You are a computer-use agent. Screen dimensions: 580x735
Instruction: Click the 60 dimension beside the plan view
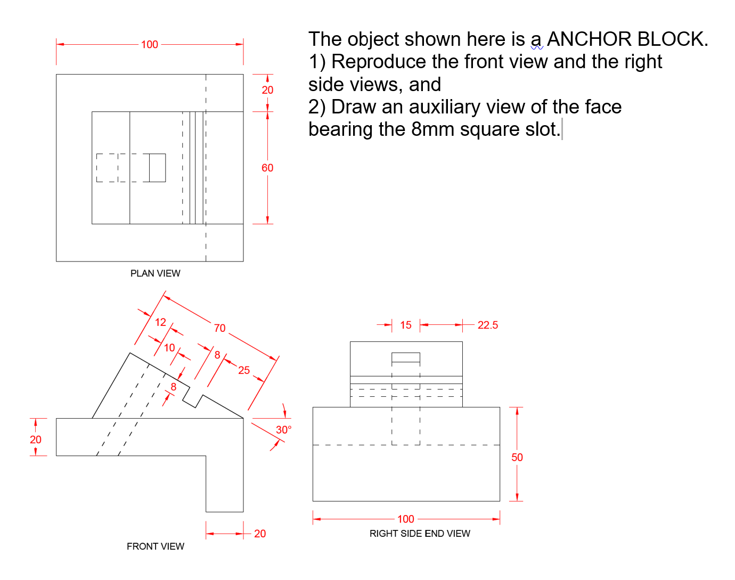(267, 168)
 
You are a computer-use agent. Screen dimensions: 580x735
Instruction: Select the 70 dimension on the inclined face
(220, 328)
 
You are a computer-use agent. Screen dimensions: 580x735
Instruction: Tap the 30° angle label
(283, 430)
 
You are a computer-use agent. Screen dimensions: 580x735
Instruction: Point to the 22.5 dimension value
(487, 325)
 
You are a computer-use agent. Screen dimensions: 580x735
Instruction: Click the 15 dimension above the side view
(406, 325)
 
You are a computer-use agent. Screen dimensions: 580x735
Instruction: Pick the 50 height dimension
(517, 458)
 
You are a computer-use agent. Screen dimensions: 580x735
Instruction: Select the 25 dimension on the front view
(244, 370)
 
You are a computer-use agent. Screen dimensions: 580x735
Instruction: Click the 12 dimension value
(160, 322)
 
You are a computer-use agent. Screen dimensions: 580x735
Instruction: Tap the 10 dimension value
(169, 348)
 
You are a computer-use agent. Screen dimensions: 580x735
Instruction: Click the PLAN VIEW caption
(155, 273)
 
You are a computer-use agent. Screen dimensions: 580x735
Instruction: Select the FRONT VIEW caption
(155, 546)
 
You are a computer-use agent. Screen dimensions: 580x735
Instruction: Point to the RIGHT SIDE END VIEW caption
(420, 534)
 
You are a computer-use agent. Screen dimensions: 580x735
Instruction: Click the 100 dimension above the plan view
(150, 45)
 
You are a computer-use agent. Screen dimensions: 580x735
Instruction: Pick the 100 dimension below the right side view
(405, 519)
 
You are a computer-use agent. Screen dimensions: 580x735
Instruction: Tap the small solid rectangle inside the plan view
(157, 168)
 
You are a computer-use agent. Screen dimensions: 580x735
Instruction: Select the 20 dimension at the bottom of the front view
(260, 534)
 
